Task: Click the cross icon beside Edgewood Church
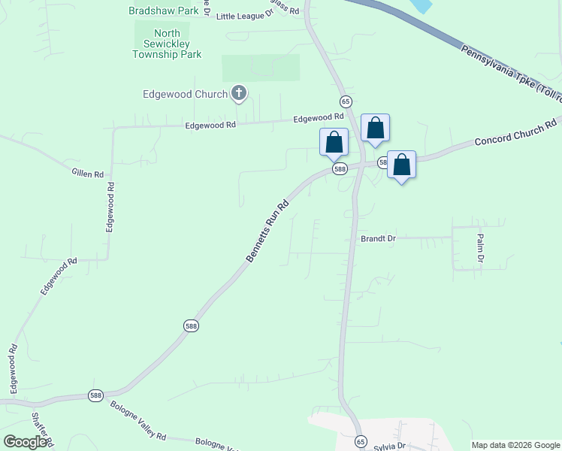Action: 239,94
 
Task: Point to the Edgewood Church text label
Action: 185,95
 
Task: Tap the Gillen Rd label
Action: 87,174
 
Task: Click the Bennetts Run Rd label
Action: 268,231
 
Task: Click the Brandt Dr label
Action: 378,238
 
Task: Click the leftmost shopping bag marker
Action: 334,141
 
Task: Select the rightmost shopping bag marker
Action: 401,165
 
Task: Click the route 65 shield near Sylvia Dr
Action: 361,441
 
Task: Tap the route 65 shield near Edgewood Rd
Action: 346,101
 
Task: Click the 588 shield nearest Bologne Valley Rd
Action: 95,395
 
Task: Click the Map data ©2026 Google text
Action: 515,445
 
